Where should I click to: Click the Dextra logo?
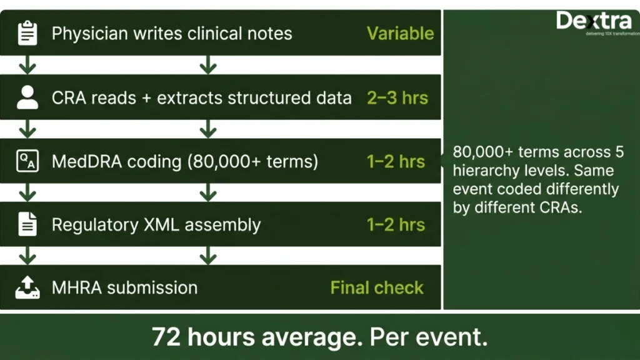pyautogui.click(x=597, y=22)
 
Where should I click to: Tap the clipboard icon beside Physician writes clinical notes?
pyautogui.click(x=27, y=32)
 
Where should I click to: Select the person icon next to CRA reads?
pyautogui.click(x=27, y=97)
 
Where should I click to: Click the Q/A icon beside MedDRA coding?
pyautogui.click(x=27, y=161)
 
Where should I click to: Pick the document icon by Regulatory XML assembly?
pyautogui.click(x=27, y=224)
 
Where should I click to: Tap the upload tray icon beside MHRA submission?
pyautogui.click(x=27, y=287)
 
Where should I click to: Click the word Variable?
pyautogui.click(x=400, y=34)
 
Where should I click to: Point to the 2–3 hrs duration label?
pyautogui.click(x=397, y=98)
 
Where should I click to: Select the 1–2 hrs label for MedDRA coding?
pyautogui.click(x=396, y=162)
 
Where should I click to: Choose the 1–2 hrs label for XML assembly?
pyautogui.click(x=396, y=225)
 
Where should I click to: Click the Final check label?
pyautogui.click(x=377, y=287)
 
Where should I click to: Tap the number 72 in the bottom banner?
pyautogui.click(x=166, y=337)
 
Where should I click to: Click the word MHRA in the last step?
pyautogui.click(x=77, y=287)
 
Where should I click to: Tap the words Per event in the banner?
pyautogui.click(x=428, y=337)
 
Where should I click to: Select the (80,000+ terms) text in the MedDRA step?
pyautogui.click(x=252, y=162)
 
